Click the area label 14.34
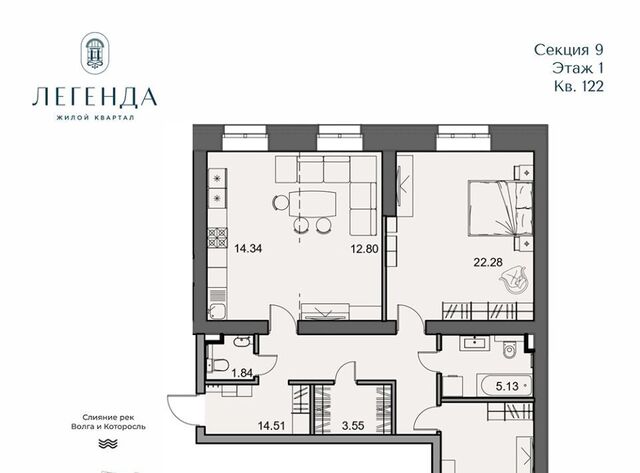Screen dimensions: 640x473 [x=248, y=248]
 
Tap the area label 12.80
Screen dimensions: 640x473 [x=364, y=249]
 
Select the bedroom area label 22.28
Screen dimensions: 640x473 [x=488, y=262]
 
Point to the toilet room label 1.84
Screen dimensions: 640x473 [x=242, y=373]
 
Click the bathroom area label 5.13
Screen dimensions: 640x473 [x=507, y=386]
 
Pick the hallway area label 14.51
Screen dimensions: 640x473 [x=271, y=426]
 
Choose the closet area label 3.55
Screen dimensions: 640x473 [x=353, y=426]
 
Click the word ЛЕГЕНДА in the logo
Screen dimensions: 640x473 [x=95, y=97]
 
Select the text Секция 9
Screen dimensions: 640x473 [x=569, y=50]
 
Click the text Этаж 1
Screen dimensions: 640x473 [x=578, y=68]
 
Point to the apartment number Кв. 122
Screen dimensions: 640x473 [x=579, y=86]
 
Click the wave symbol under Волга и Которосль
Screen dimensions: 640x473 [x=108, y=444]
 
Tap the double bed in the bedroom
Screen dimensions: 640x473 [x=501, y=209]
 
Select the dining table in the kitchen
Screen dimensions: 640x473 [x=312, y=204]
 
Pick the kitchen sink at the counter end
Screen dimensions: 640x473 [x=217, y=311]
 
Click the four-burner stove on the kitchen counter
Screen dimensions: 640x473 [x=218, y=238]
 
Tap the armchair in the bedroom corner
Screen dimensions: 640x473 [x=513, y=280]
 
